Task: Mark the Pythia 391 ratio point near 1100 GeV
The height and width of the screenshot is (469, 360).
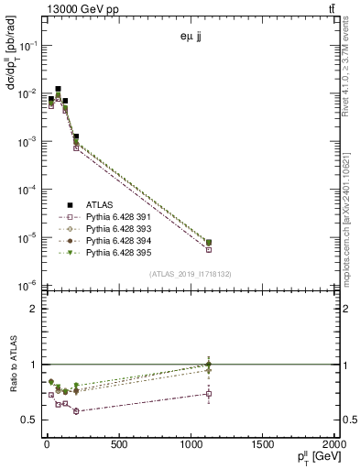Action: [209, 394]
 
